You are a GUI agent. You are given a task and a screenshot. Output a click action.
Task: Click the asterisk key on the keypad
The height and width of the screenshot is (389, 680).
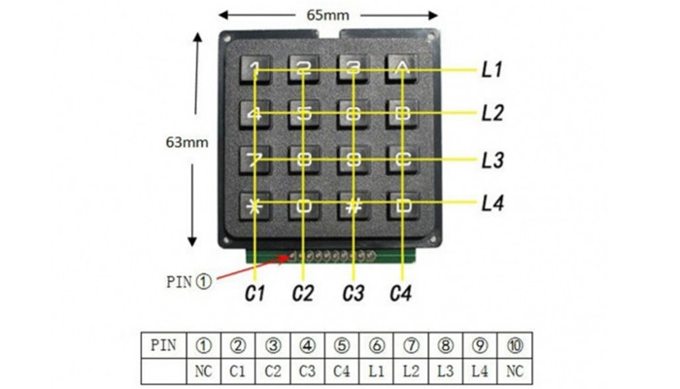255,204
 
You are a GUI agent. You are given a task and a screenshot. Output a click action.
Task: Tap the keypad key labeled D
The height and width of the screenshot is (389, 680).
402,204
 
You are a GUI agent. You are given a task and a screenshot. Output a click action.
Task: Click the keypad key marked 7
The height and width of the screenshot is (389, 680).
255,159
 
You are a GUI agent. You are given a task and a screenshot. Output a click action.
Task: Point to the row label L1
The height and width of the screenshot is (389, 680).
492,70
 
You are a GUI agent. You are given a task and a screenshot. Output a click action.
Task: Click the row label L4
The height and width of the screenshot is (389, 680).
492,203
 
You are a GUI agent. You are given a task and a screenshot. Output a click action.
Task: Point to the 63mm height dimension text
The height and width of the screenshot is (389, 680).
187,142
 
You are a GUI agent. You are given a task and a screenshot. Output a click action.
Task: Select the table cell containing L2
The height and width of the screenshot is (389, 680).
411,369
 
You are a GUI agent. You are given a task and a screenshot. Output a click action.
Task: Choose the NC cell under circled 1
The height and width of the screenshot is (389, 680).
204,369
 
